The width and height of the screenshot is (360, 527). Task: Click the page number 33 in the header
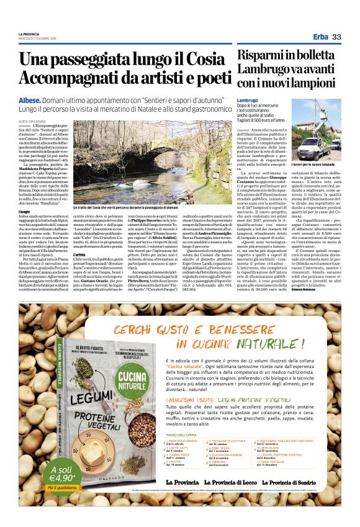click(x=336, y=38)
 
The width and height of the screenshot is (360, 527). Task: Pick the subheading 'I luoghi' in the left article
click(x=24, y=212)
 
